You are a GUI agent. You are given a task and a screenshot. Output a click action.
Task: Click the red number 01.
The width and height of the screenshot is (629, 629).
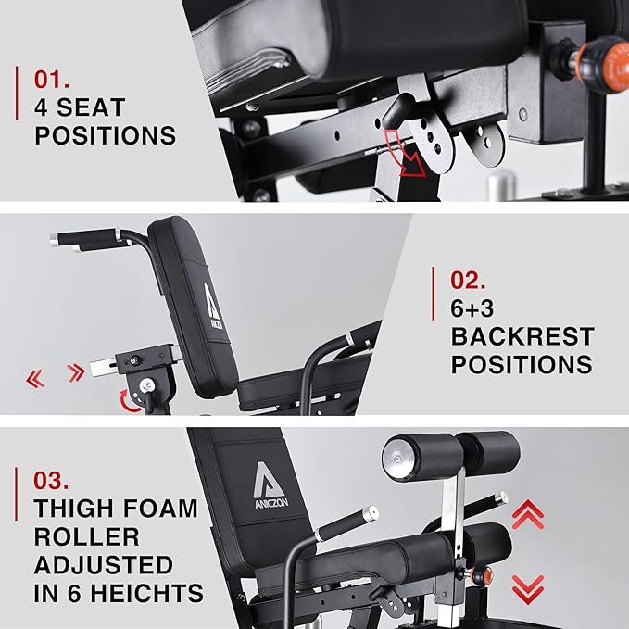[x=53, y=78]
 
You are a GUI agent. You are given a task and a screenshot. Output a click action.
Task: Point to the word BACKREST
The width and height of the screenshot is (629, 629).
[x=522, y=335]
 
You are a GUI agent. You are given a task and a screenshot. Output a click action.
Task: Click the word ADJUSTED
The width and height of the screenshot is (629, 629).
[x=104, y=565]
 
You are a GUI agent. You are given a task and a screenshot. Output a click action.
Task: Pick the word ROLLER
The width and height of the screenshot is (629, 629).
[x=86, y=536]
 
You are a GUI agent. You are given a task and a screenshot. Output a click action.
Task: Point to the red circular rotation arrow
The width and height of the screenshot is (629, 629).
[x=129, y=401]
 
